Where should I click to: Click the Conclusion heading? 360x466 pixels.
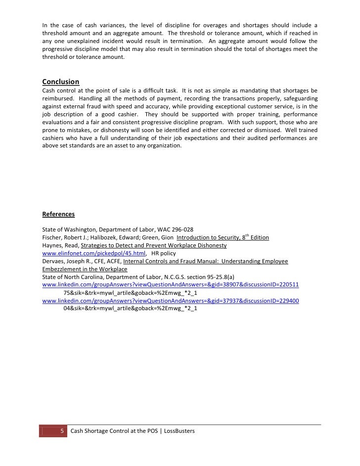pyautogui.click(x=61, y=82)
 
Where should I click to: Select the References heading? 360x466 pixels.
pyautogui.click(x=58, y=214)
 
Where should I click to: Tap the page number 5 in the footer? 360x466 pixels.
pyautogui.click(x=62, y=431)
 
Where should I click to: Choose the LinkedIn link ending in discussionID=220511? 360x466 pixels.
pyautogui.click(x=171, y=285)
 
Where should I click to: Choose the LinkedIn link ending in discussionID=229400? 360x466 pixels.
pyautogui.click(x=171, y=301)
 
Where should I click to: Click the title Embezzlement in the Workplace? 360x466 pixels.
pyautogui.click(x=85, y=269)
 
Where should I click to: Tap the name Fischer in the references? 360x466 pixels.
pyautogui.click(x=52, y=237)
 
